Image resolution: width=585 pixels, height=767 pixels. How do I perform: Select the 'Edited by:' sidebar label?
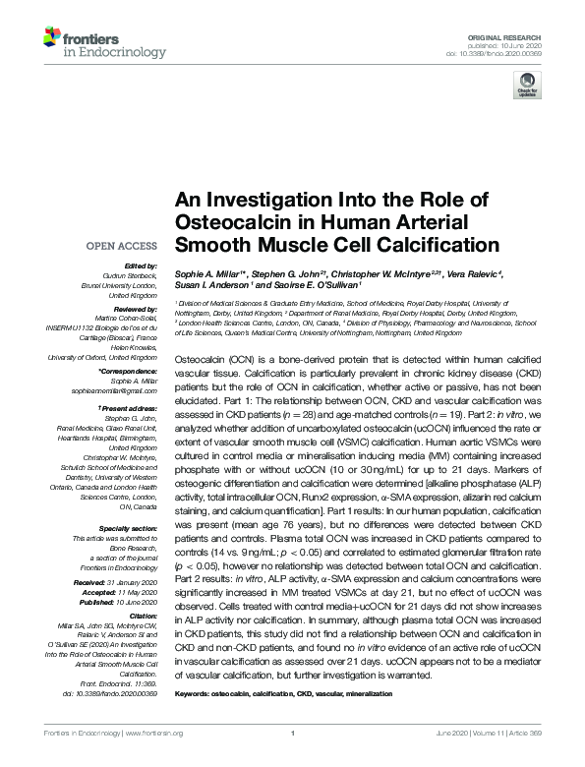pos(141,266)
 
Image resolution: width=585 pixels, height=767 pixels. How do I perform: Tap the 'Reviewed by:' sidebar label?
pos(134,308)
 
